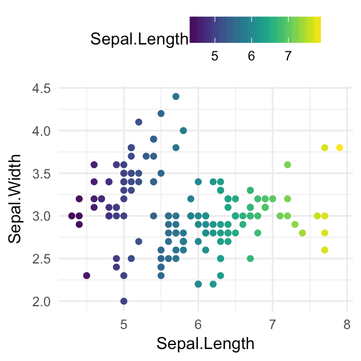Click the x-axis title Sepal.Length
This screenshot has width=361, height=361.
pyautogui.click(x=205, y=344)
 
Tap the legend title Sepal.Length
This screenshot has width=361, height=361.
pyautogui.click(x=139, y=39)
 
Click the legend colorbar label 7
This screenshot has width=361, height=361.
pyautogui.click(x=288, y=56)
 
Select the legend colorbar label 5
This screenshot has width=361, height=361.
pyautogui.click(x=215, y=56)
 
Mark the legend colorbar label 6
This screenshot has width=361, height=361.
pyautogui.click(x=252, y=56)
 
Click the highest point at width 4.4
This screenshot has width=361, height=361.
pyautogui.click(x=176, y=96)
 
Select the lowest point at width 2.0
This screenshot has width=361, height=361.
pyautogui.click(x=124, y=301)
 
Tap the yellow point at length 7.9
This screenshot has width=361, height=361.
pyautogui.click(x=339, y=148)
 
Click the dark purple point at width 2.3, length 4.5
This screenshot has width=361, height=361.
pyautogui.click(x=87, y=275)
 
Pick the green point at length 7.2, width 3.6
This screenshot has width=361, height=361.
pyautogui.click(x=287, y=165)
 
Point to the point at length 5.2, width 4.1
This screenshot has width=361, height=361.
pyautogui.click(x=139, y=122)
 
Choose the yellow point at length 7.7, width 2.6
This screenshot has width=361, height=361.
pyautogui.click(x=325, y=250)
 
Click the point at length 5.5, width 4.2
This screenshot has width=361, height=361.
pyautogui.click(x=161, y=113)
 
